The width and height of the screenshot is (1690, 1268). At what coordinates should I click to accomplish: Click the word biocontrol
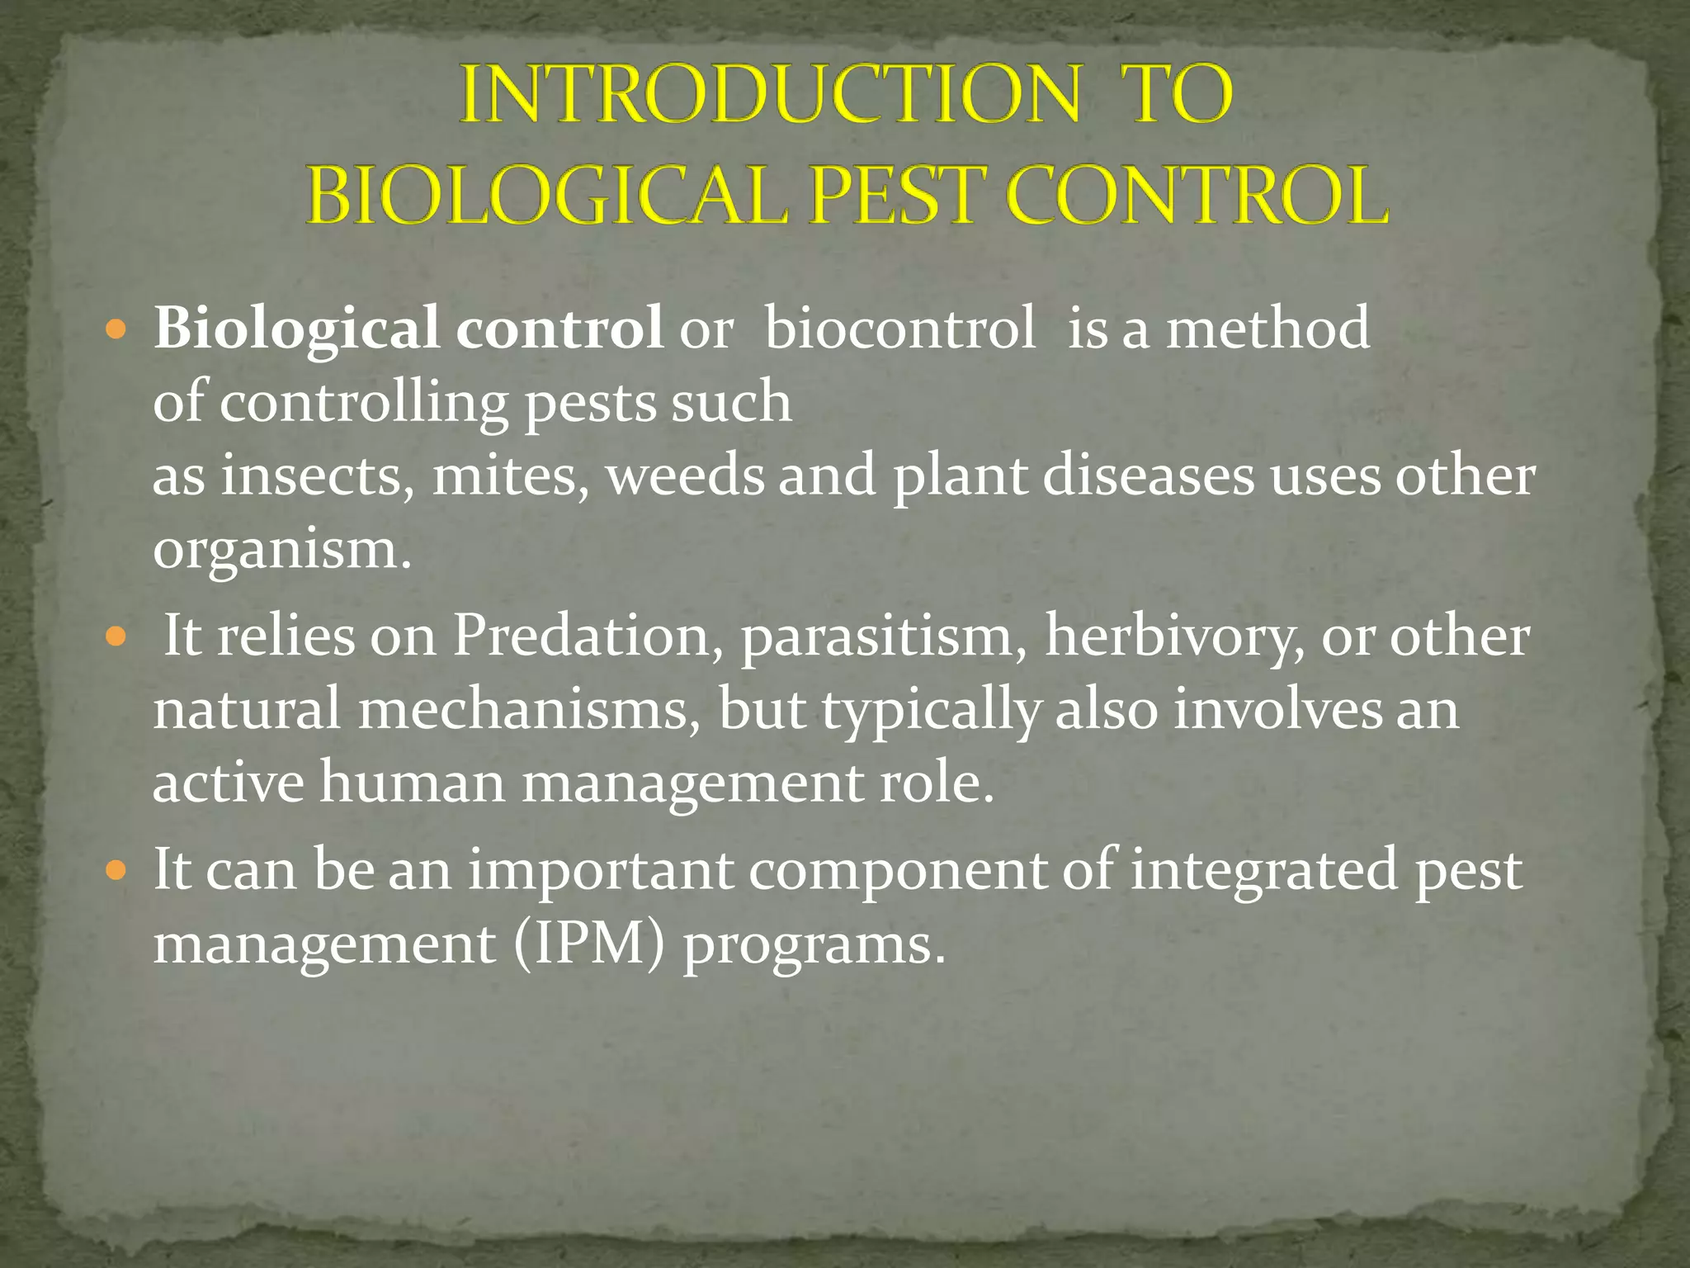click(x=899, y=328)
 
